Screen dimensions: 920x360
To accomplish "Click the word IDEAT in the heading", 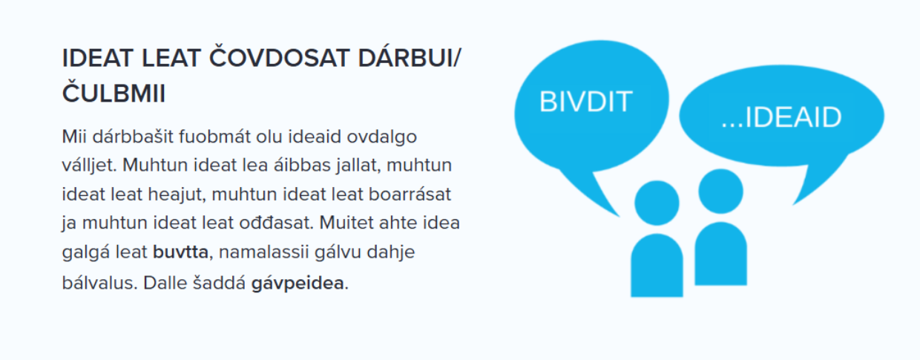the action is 97,58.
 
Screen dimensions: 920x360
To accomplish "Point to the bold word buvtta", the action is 180,252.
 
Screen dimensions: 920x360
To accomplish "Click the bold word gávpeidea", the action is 298,283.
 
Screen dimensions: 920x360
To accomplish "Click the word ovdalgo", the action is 381,137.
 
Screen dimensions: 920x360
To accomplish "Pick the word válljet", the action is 90,166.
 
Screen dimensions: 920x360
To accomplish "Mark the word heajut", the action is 177,194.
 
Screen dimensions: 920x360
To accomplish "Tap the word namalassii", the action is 263,252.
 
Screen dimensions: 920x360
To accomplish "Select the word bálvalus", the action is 100,283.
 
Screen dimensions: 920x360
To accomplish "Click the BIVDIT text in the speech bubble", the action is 585,102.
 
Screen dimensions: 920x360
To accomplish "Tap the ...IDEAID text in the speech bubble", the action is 781,117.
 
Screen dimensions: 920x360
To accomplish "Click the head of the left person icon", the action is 657,203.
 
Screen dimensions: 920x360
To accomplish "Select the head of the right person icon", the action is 721,191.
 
